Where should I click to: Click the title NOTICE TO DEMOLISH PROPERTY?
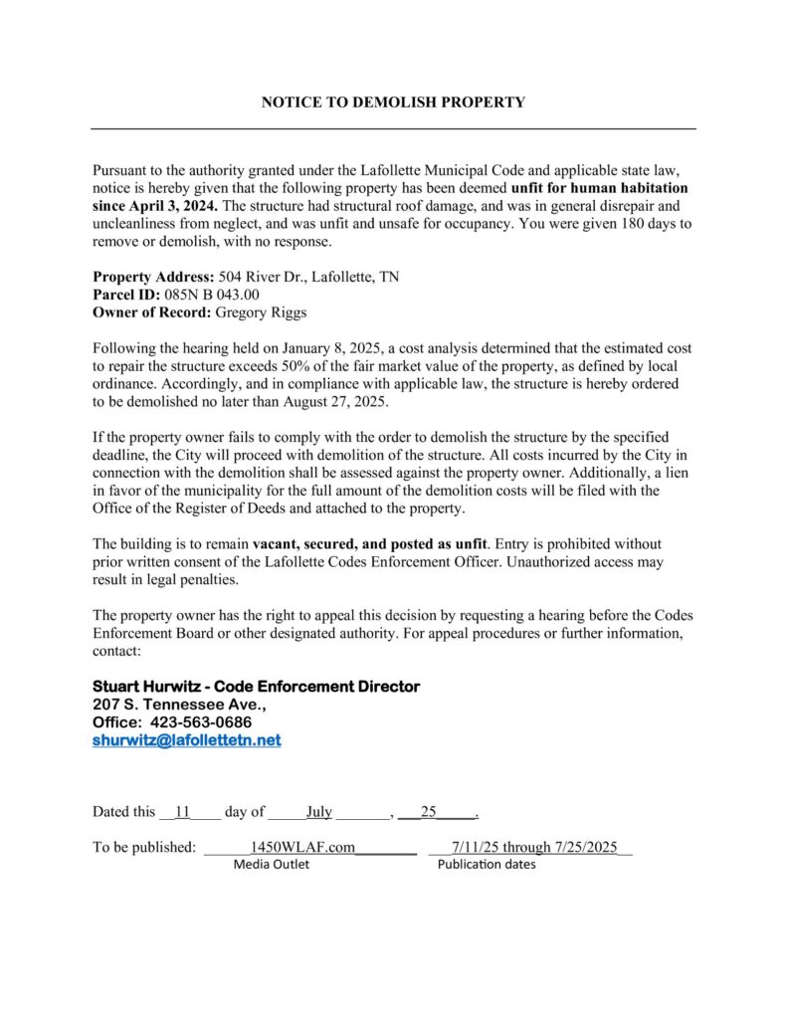point(393,102)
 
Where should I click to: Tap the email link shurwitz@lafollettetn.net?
point(187,740)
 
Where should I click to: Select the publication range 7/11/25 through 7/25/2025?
point(534,848)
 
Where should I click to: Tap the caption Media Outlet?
point(271,865)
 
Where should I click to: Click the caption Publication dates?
point(487,865)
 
